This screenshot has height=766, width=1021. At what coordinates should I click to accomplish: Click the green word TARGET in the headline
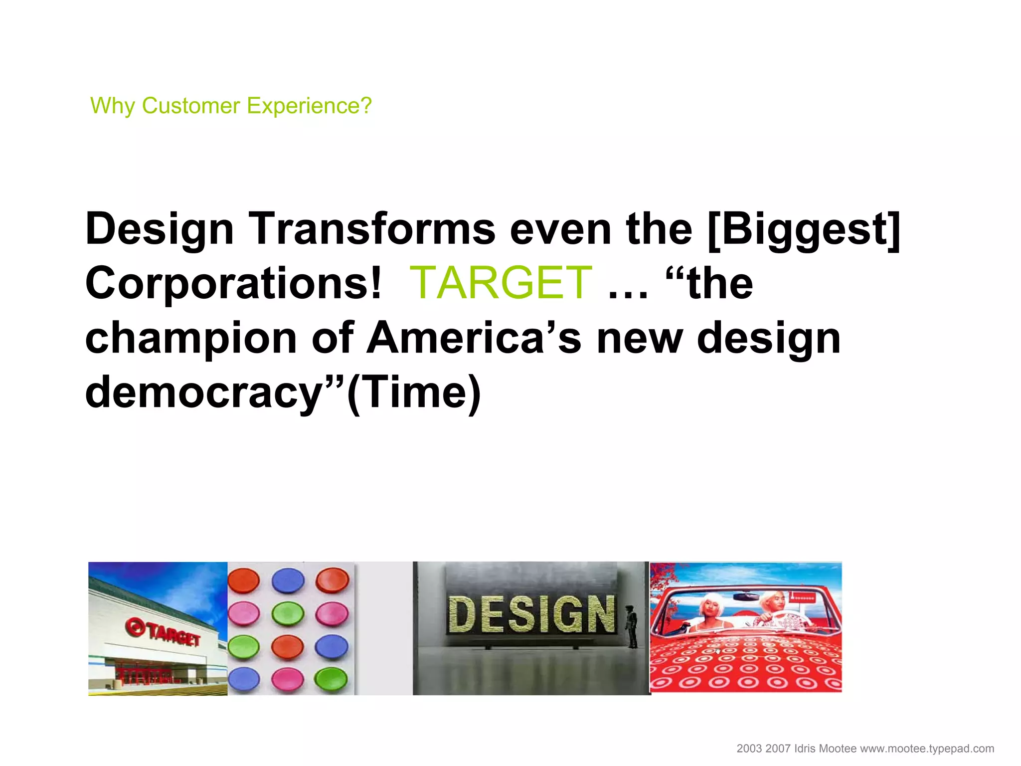501,283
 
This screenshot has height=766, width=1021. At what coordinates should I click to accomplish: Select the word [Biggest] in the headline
804,229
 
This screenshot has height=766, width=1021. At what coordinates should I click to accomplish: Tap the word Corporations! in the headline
233,283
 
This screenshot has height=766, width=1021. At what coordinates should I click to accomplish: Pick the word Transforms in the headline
372,229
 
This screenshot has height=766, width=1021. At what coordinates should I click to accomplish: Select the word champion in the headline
191,338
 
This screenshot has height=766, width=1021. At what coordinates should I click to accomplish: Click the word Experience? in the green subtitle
309,106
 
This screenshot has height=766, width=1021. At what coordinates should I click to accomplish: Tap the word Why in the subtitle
113,106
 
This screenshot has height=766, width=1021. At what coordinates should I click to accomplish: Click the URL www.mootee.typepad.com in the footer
927,749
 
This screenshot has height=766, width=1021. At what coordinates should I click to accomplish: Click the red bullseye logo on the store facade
134,627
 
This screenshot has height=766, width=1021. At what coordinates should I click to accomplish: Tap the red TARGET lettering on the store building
174,635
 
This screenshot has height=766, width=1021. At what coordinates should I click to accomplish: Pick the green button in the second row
288,613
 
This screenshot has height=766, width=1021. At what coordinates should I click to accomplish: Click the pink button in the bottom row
288,678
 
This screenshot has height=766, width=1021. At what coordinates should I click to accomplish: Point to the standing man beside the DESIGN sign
632,626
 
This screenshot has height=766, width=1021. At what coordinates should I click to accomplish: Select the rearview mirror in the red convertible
746,596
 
